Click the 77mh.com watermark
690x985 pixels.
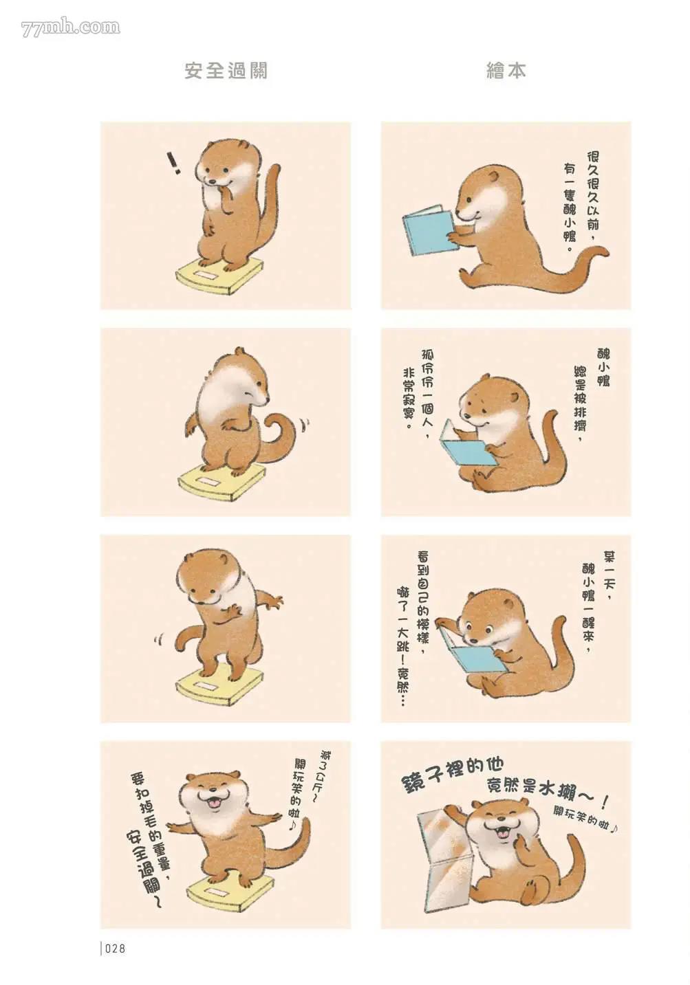tap(70, 27)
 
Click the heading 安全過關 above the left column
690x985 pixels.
tap(226, 71)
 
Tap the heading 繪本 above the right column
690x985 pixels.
tap(506, 71)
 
